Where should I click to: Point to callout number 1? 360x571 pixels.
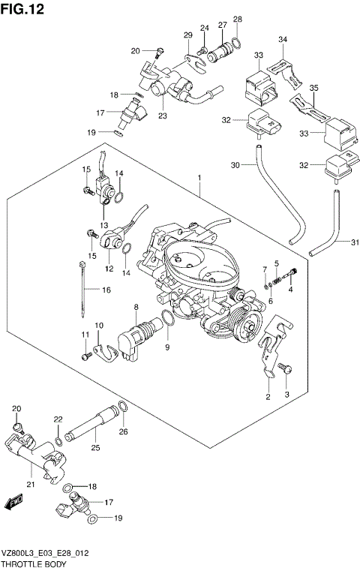[x=199, y=178]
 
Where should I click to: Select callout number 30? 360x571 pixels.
[x=234, y=165]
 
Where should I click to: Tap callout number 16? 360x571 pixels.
[x=106, y=290]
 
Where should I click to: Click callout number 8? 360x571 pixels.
[x=136, y=308]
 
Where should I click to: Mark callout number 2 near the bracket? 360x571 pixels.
[x=267, y=395]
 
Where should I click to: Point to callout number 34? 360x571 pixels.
[x=282, y=39]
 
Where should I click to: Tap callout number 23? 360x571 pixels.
[x=162, y=116]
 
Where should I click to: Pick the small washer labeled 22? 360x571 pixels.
[x=58, y=440]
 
